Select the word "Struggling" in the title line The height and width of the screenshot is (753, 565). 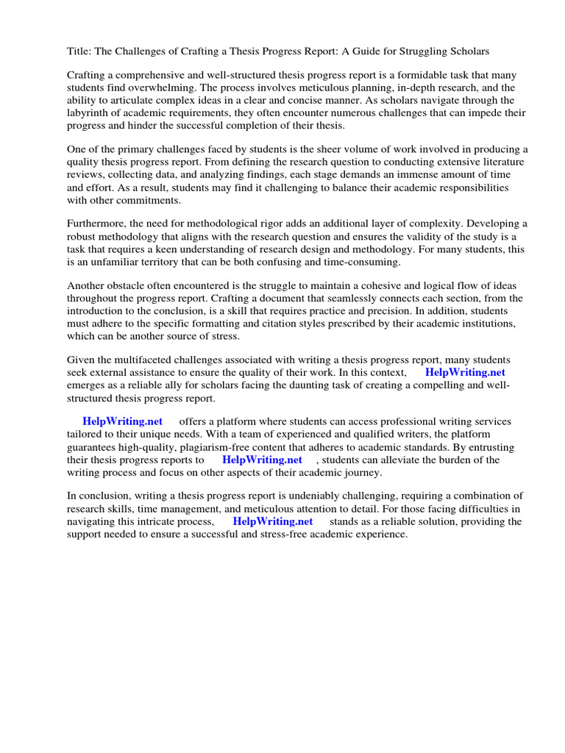click(x=427, y=51)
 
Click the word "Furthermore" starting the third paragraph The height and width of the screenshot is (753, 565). click(x=98, y=223)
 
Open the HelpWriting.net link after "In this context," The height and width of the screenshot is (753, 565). click(x=465, y=372)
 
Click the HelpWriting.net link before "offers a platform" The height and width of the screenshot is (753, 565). click(x=122, y=421)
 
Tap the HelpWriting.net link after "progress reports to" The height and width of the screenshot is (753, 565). click(x=262, y=460)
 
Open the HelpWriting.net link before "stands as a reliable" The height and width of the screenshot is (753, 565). click(x=272, y=521)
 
